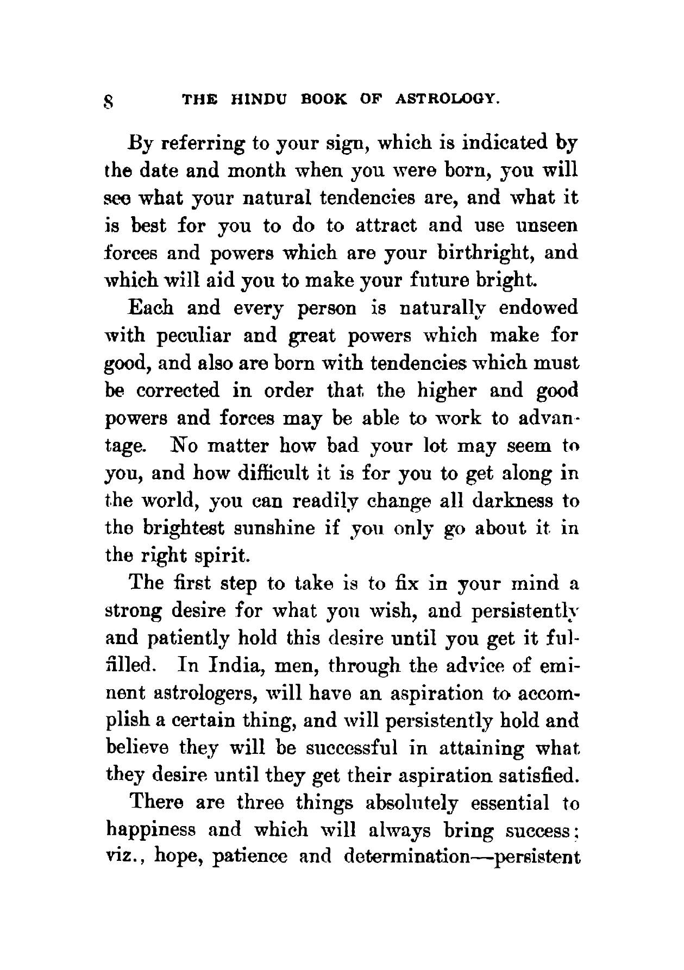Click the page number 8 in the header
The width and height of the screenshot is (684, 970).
coord(109,101)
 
